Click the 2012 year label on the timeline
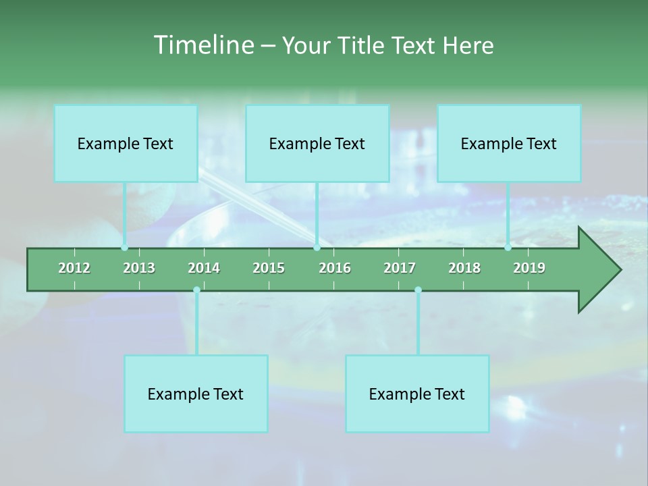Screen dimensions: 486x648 (74, 268)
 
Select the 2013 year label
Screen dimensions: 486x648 (139, 268)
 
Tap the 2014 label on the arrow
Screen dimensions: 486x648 (204, 268)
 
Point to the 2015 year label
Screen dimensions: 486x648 (269, 268)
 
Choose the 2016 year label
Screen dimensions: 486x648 (335, 268)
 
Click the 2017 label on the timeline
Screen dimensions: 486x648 (400, 268)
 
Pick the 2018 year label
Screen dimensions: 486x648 (464, 268)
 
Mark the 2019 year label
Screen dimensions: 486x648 (529, 268)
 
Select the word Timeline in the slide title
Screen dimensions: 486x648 (202, 45)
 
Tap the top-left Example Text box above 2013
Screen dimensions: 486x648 (126, 144)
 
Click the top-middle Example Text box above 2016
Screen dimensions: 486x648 (317, 144)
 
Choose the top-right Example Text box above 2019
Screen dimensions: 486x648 (509, 144)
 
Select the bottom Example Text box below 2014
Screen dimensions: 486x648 (196, 394)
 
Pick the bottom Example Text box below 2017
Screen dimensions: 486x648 (417, 394)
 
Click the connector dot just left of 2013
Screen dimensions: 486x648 (124, 248)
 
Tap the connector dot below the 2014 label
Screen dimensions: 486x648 (196, 290)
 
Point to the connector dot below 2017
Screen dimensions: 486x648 (418, 290)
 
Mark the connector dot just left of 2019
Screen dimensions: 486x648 (508, 248)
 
